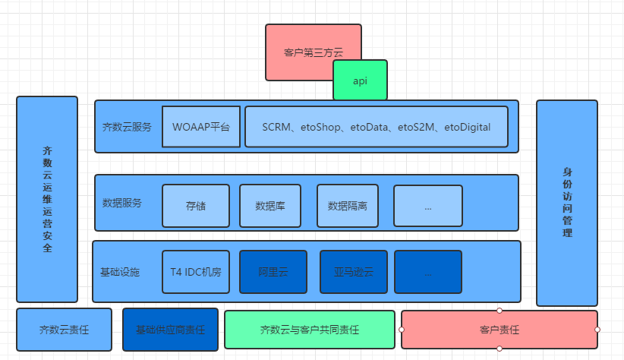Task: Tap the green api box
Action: point(360,81)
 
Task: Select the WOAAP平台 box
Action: point(201,127)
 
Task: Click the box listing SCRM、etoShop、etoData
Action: point(376,127)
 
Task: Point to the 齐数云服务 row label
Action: point(127,127)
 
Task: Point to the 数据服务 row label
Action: point(121,203)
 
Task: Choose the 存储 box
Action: point(196,206)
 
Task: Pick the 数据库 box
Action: point(270,206)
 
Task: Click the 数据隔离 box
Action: point(347,206)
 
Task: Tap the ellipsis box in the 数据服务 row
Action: point(428,206)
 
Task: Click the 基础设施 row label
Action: point(120,271)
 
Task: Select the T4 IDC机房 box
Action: point(196,271)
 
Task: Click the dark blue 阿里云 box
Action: point(273,271)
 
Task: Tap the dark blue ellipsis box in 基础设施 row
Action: point(428,271)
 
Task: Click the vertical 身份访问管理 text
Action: point(567,203)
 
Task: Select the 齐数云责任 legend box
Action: point(64,330)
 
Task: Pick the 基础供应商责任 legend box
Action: point(170,330)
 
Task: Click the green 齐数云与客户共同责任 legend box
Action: point(310,330)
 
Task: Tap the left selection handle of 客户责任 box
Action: point(401,330)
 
